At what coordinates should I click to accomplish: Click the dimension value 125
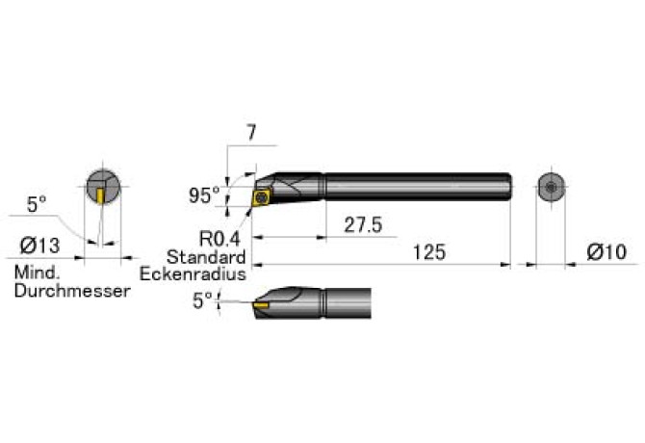pyautogui.click(x=429, y=252)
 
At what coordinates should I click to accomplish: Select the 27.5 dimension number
pyautogui.click(x=363, y=225)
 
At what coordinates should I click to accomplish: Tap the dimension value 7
pyautogui.click(x=251, y=133)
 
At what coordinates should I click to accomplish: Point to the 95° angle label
pyautogui.click(x=204, y=195)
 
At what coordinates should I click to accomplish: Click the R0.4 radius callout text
pyautogui.click(x=219, y=239)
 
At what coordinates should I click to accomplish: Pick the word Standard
pyautogui.click(x=206, y=257)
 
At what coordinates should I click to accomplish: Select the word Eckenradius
pyautogui.click(x=193, y=274)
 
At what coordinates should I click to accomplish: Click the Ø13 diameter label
pyautogui.click(x=39, y=246)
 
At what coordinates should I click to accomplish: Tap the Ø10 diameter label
pyautogui.click(x=606, y=251)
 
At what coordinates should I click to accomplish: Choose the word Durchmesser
pyautogui.click(x=72, y=291)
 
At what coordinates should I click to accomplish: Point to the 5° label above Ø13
pyautogui.click(x=37, y=204)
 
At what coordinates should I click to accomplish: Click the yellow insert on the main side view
pyautogui.click(x=262, y=197)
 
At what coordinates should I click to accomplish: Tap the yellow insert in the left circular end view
pyautogui.click(x=100, y=195)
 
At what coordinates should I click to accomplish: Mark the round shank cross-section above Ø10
pyautogui.click(x=552, y=188)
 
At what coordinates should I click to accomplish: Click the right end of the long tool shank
pyautogui.click(x=510, y=187)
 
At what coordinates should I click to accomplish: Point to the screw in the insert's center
pyautogui.click(x=261, y=197)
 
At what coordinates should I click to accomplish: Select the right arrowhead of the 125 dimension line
pyautogui.click(x=505, y=265)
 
